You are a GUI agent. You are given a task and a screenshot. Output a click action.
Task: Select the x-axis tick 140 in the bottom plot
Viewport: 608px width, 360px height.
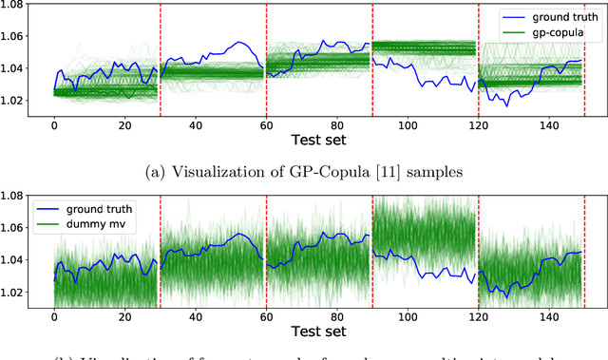point(549,316)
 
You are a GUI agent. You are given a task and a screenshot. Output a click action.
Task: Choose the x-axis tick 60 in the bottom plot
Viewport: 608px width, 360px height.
point(266,316)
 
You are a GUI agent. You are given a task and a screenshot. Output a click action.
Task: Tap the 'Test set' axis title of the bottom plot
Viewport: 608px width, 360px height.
point(318,331)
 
